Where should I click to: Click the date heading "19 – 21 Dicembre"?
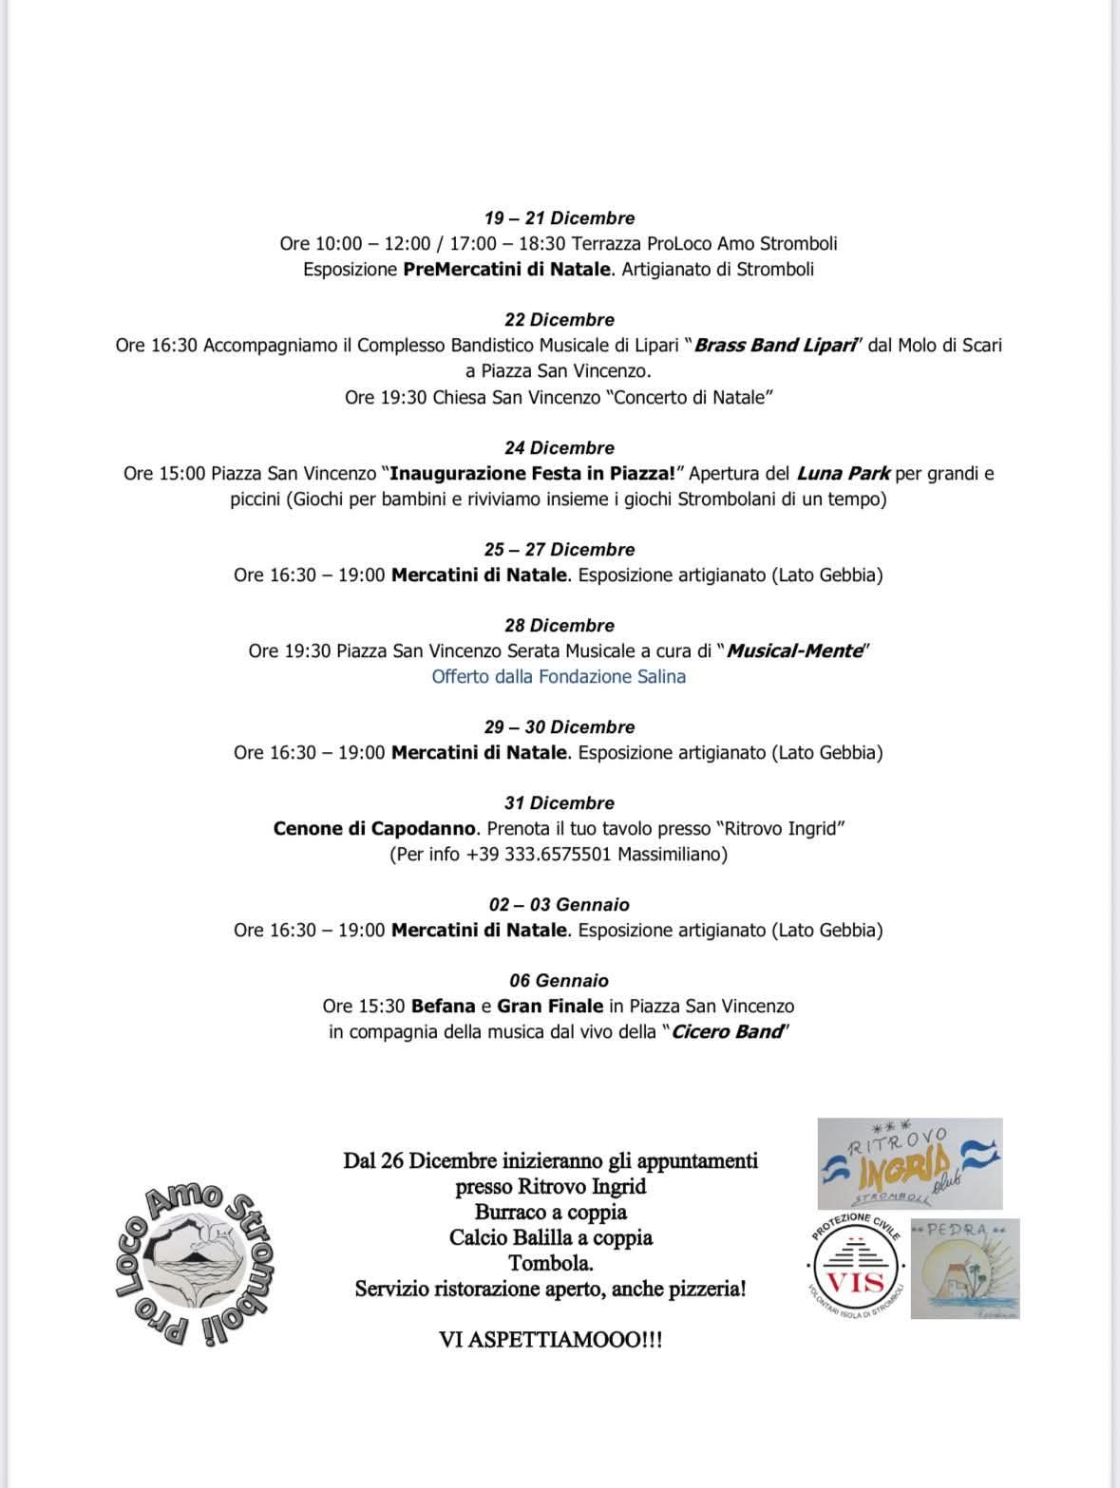(x=559, y=217)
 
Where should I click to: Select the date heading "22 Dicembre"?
(x=559, y=319)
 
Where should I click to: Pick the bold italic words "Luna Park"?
(x=843, y=473)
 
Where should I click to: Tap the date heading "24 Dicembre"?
(x=559, y=447)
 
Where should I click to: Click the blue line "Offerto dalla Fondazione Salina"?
(x=559, y=676)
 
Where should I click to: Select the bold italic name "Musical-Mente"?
(x=795, y=650)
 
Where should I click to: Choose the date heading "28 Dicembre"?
(x=559, y=625)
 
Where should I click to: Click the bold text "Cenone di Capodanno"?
(x=374, y=828)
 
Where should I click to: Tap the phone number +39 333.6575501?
(x=539, y=854)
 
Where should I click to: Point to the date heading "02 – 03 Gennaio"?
(x=559, y=904)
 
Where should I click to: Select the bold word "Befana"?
(x=444, y=1006)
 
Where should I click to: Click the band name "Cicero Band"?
(x=728, y=1031)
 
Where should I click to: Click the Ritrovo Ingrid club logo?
(x=909, y=1163)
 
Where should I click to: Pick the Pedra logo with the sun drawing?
(x=964, y=1269)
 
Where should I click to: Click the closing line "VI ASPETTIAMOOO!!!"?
(x=550, y=1340)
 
